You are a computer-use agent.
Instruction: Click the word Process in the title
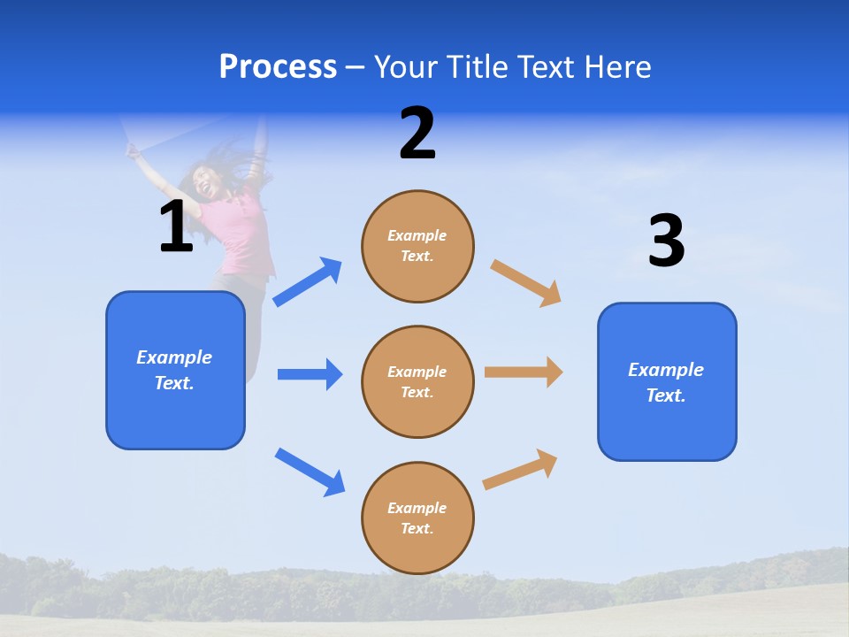pyautogui.click(x=278, y=67)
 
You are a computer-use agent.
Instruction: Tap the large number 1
pyautogui.click(x=176, y=226)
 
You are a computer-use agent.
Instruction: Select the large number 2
pyautogui.click(x=417, y=134)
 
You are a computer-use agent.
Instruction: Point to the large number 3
pyautogui.click(x=666, y=241)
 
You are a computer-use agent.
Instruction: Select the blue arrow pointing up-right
pyautogui.click(x=308, y=281)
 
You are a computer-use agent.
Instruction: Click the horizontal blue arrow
pyautogui.click(x=310, y=374)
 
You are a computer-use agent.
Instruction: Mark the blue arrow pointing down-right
pyautogui.click(x=310, y=472)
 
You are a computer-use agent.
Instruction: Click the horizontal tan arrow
pyautogui.click(x=524, y=372)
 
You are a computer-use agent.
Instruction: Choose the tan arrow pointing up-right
pyautogui.click(x=520, y=470)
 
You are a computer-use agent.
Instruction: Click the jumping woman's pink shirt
pyautogui.click(x=242, y=239)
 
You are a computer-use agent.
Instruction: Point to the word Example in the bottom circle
pyautogui.click(x=417, y=508)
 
